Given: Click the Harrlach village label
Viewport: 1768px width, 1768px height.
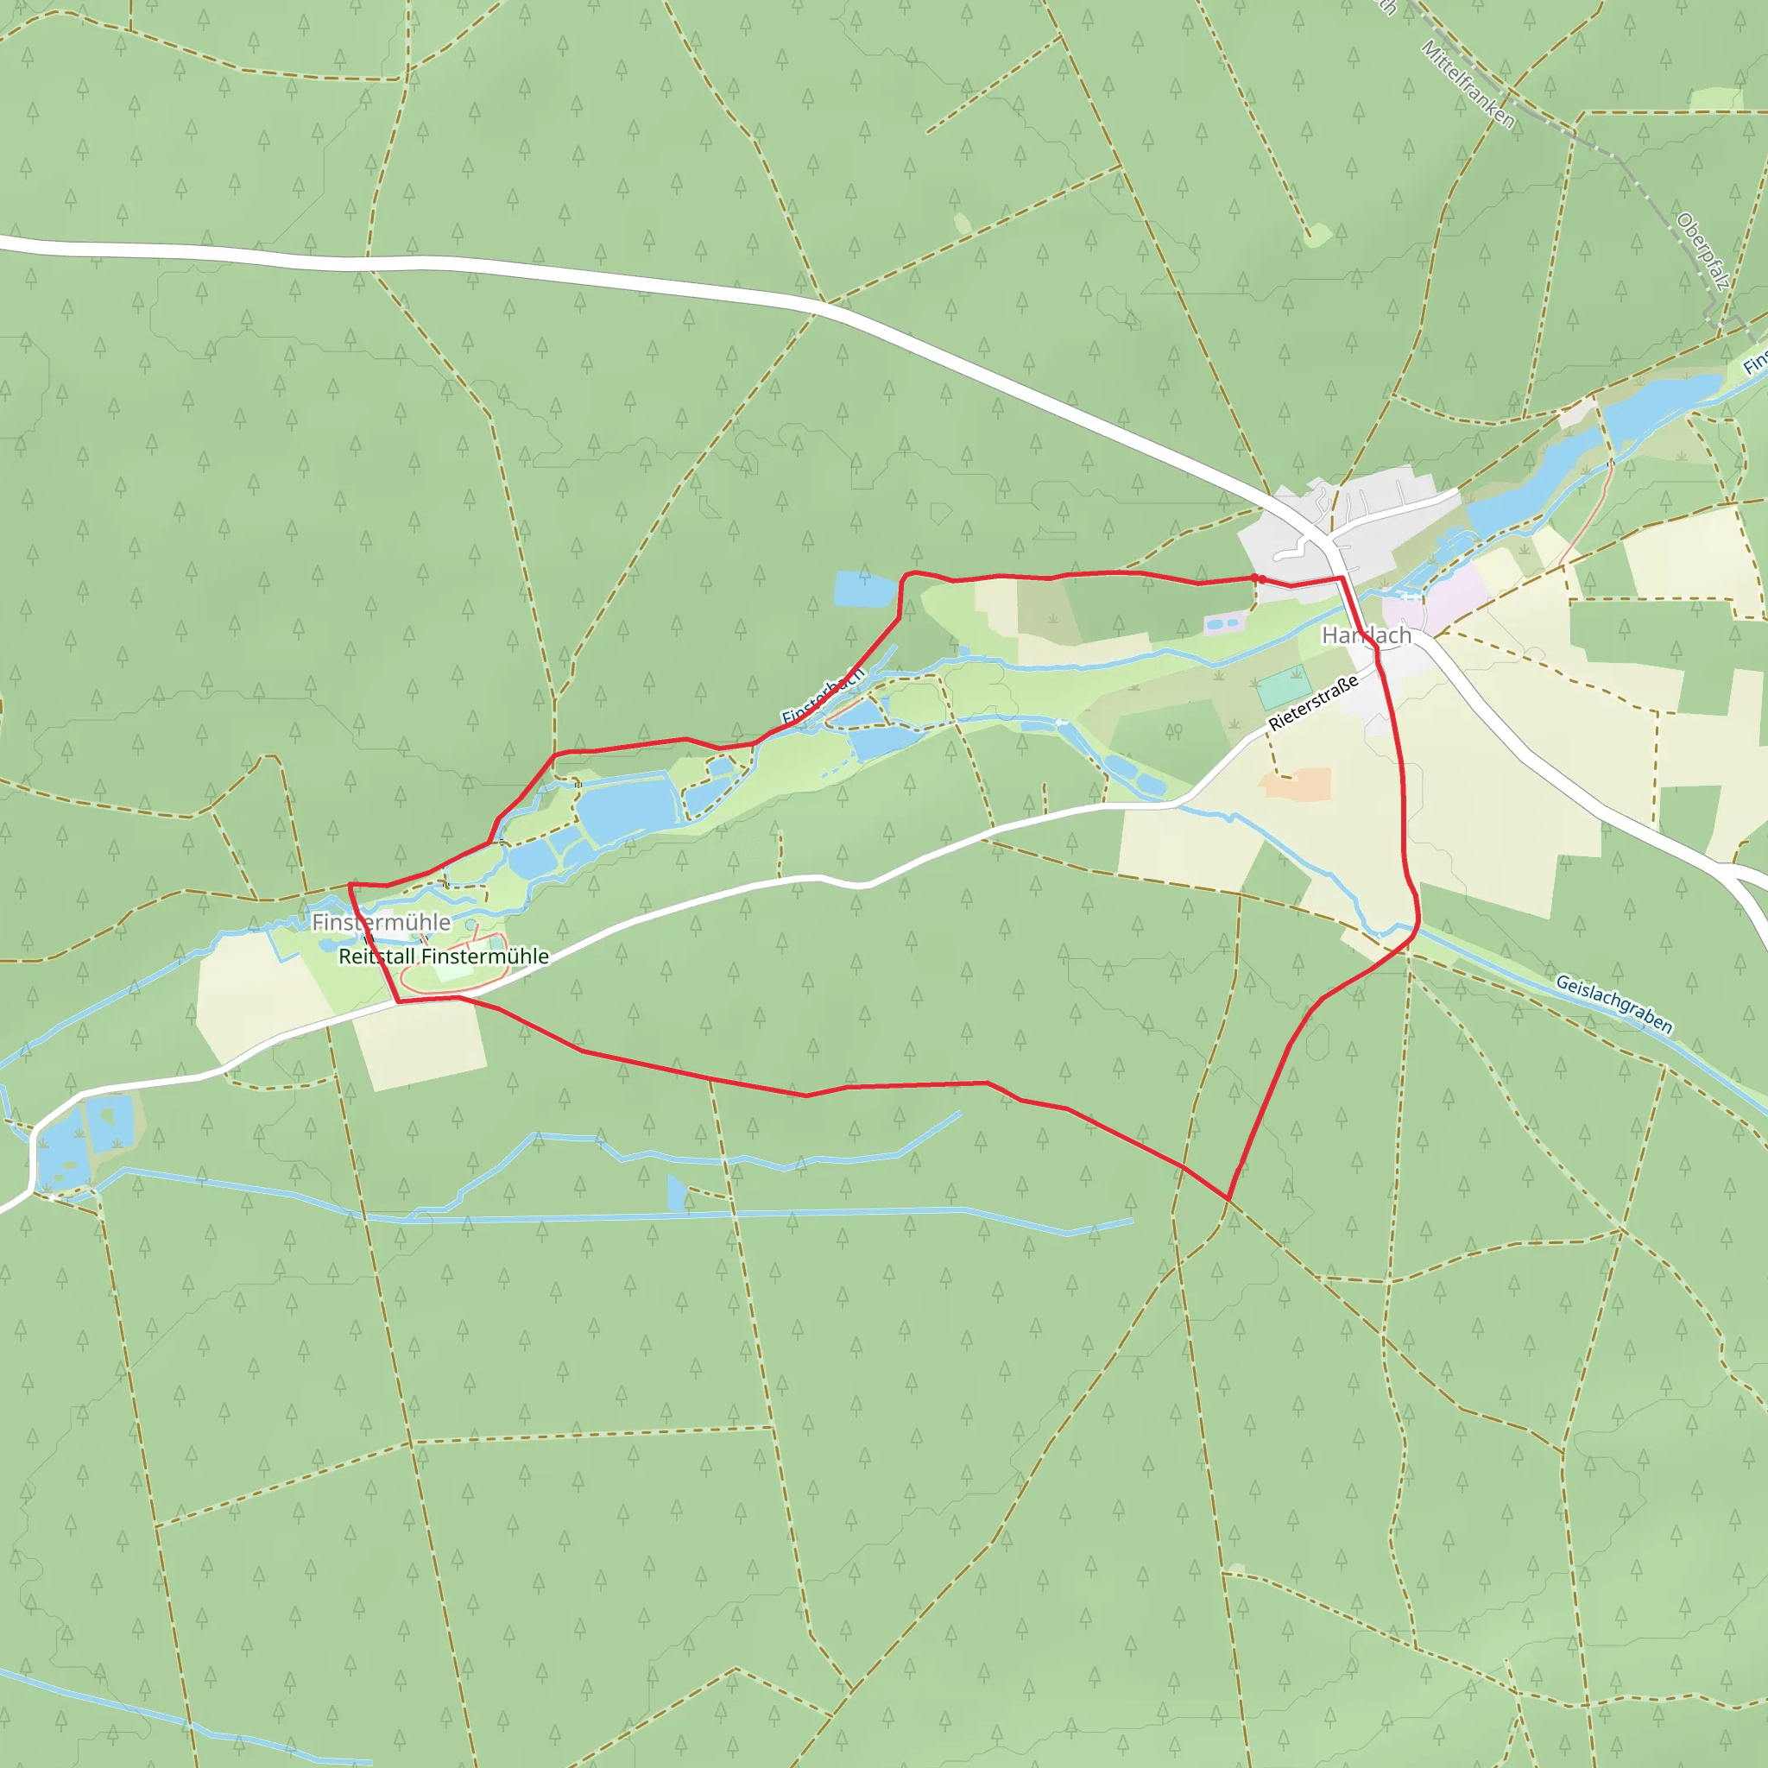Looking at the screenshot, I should pos(1367,635).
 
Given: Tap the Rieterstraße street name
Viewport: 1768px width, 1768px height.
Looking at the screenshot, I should pos(1312,704).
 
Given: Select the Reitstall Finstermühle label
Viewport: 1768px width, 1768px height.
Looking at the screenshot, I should pos(444,957).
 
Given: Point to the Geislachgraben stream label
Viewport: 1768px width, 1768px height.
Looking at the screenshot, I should pos(1614,1005).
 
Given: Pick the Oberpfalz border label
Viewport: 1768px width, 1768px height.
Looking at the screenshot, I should pos(1702,252).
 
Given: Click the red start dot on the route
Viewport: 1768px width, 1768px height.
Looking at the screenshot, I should pos(1261,578).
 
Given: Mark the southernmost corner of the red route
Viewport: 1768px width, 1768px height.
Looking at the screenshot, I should pos(1228,1199).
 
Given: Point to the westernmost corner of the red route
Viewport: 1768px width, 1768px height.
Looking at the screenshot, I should pos(350,885).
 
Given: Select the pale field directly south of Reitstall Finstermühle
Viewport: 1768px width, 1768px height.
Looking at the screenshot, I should pos(421,1043).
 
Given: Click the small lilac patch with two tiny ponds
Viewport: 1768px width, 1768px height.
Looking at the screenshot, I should pos(1224,624).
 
